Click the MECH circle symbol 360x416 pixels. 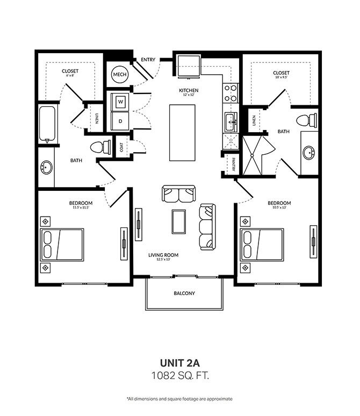120,75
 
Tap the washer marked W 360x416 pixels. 120,102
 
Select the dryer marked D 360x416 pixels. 120,121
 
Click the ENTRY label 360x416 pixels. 148,60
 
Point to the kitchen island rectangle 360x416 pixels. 182,133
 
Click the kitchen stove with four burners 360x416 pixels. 231,93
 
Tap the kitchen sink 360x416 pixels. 231,122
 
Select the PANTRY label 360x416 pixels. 233,164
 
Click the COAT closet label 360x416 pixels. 121,147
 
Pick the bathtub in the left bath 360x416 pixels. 47,124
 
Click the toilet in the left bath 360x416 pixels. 100,147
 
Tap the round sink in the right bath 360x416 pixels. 309,153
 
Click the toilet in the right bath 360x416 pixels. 306,120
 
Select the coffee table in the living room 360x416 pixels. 178,221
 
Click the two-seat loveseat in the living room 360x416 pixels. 179,194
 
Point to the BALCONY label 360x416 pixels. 184,293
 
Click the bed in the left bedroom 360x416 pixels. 62,245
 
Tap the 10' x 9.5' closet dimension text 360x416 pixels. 281,77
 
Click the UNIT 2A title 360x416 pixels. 180,363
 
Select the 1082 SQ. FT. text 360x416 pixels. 180,375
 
